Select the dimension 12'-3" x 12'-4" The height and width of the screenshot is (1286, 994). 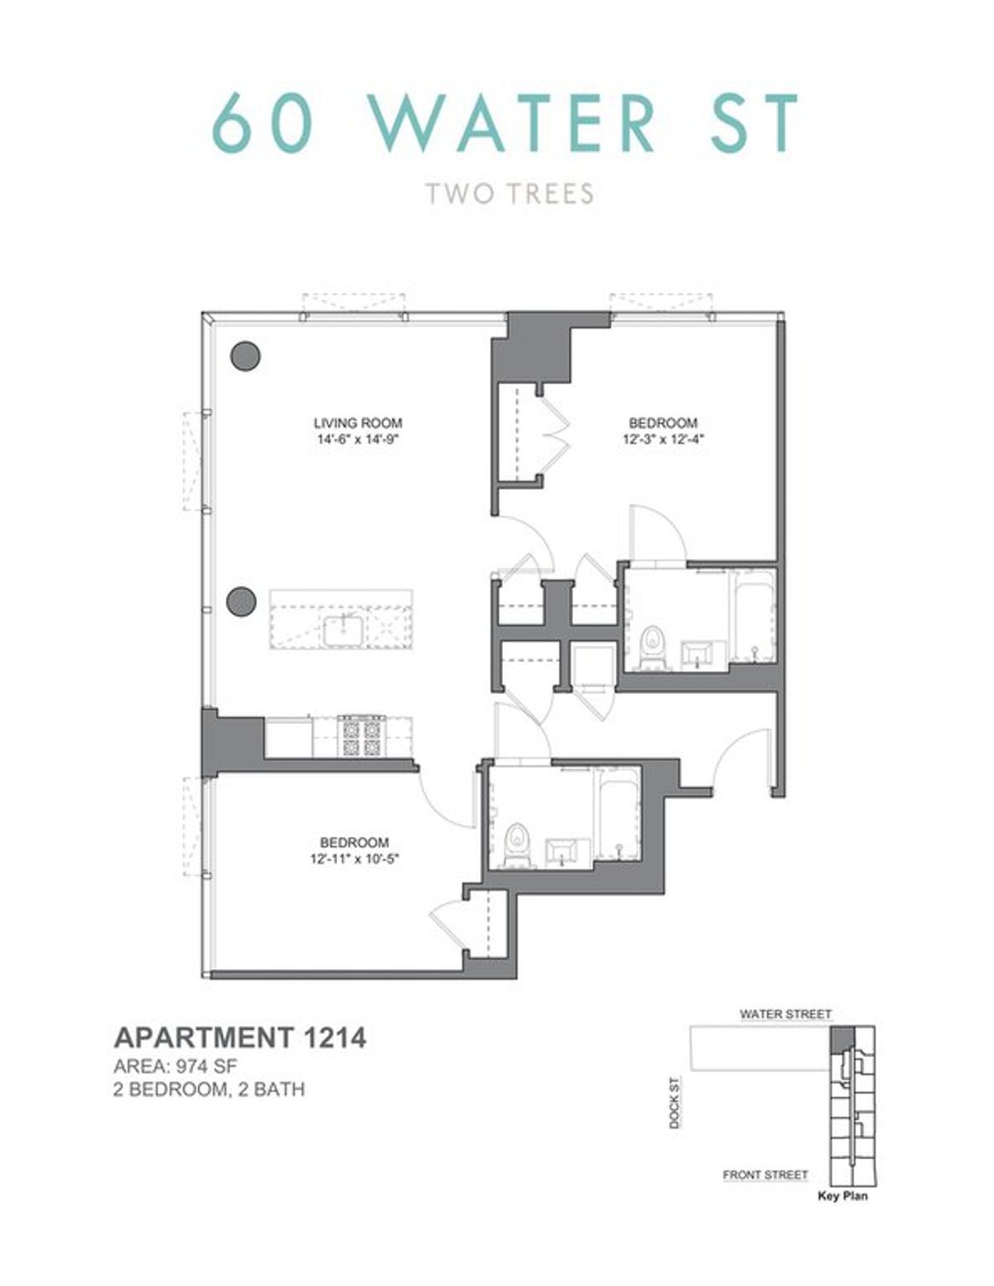[x=662, y=440]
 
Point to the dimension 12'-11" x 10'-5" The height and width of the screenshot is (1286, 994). [x=355, y=860]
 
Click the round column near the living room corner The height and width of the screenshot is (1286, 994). [x=244, y=356]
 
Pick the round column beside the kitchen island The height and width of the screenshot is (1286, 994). [x=241, y=602]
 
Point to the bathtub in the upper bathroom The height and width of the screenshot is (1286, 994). [x=753, y=616]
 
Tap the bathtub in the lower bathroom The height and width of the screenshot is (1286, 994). [x=618, y=816]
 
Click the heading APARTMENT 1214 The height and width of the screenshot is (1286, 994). [x=239, y=1037]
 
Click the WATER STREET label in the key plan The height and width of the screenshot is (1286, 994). [x=785, y=1013]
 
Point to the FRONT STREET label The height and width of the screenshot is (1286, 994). [x=765, y=1174]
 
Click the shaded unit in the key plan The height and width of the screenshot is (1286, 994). [x=840, y=1036]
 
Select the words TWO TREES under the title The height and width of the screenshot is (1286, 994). [x=509, y=194]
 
